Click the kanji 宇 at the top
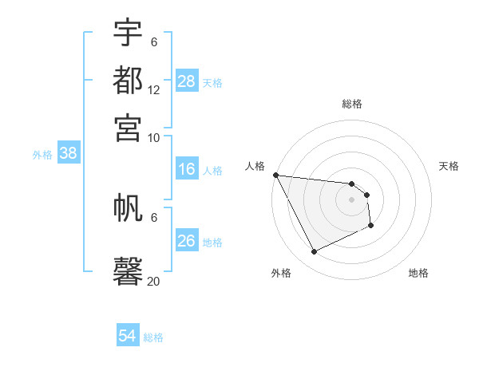[128, 33]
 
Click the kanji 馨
[128, 270]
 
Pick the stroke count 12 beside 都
[154, 90]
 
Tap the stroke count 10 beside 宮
[154, 137]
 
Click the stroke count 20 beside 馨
[154, 281]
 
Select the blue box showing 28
[187, 81]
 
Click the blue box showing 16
[187, 169]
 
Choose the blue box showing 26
[187, 241]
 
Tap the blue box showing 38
[68, 154]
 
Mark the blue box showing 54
[128, 336]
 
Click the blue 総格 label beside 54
[153, 337]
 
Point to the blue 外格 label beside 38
[42, 155]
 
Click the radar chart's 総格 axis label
[352, 104]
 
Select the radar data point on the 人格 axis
[275, 175]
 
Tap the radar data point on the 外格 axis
[314, 252]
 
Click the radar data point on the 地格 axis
[371, 227]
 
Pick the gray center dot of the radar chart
[352, 199]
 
